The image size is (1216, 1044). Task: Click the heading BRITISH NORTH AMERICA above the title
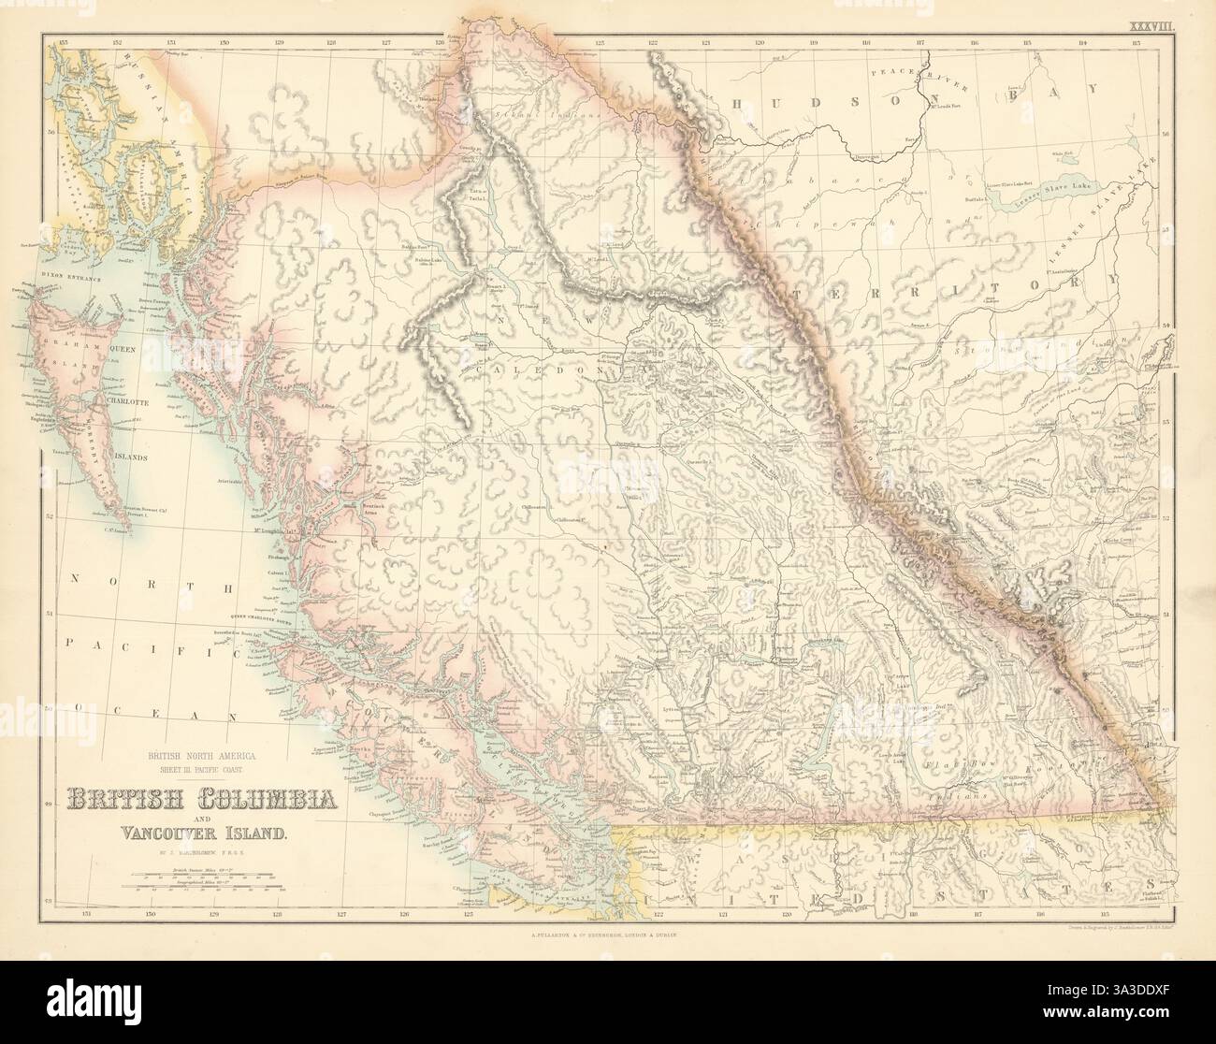(198, 754)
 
